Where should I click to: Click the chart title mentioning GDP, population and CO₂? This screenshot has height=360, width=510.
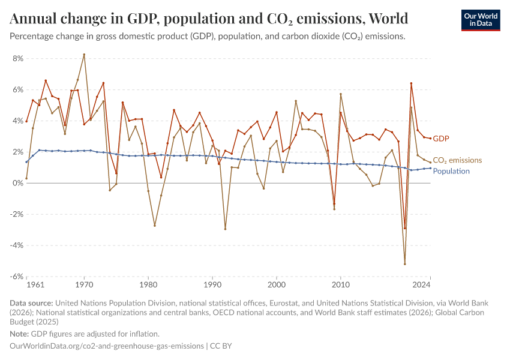[x=209, y=17]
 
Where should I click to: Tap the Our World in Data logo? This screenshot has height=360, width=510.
[x=481, y=20]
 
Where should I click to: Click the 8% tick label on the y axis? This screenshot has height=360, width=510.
[x=17, y=59]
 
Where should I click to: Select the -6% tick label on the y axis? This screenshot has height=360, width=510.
[x=16, y=277]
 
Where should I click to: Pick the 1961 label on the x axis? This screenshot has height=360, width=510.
[x=36, y=284]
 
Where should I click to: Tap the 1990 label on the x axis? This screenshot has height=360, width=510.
[x=212, y=284]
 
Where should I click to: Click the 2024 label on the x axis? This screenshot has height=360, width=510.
[x=422, y=284]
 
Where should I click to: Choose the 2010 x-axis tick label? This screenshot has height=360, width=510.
[x=340, y=284]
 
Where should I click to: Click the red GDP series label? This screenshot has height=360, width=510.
[x=441, y=139]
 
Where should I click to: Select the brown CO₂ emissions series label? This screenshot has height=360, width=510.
[x=457, y=160]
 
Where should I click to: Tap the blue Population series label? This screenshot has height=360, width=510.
[x=451, y=171]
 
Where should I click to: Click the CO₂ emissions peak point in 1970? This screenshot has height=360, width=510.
[x=84, y=55]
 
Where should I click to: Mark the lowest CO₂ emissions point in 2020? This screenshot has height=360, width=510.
[x=405, y=264]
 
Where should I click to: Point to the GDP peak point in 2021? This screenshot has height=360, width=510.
[x=411, y=83]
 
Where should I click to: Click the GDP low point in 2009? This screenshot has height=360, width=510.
[x=334, y=204]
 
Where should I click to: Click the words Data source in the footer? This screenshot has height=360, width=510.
[x=32, y=304]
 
